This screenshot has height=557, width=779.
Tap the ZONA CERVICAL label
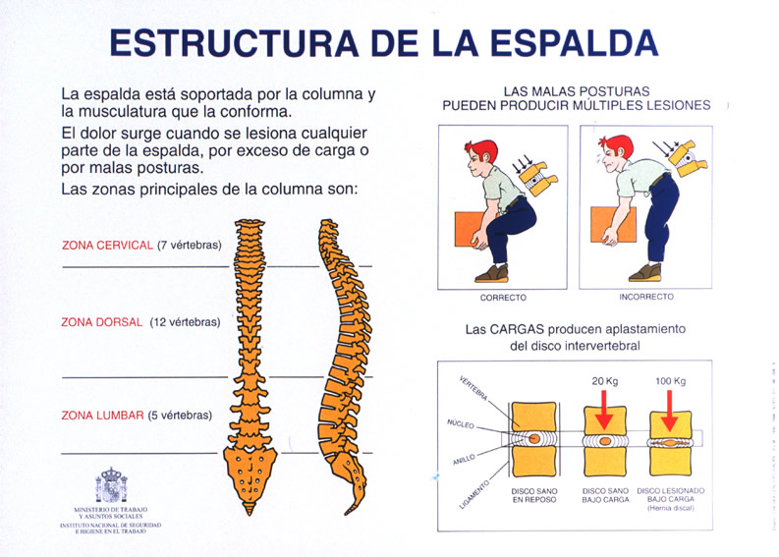pyautogui.click(x=107, y=245)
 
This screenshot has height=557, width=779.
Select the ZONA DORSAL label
pyautogui.click(x=101, y=321)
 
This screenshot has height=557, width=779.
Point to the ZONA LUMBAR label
pyautogui.click(x=102, y=415)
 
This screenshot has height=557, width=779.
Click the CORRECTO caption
pyautogui.click(x=502, y=298)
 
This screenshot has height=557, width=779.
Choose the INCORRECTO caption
pyautogui.click(x=645, y=297)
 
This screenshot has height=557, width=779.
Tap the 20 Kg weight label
pyautogui.click(x=604, y=382)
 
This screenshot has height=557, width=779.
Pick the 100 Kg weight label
pyautogui.click(x=672, y=382)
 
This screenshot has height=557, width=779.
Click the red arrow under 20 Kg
pyautogui.click(x=604, y=409)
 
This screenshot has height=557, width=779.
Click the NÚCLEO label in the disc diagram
pyautogui.click(x=461, y=425)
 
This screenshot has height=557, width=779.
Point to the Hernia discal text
pyautogui.click(x=671, y=509)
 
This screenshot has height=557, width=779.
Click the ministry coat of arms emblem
pyautogui.click(x=110, y=485)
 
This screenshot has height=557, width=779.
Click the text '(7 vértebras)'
pyautogui.click(x=190, y=245)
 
